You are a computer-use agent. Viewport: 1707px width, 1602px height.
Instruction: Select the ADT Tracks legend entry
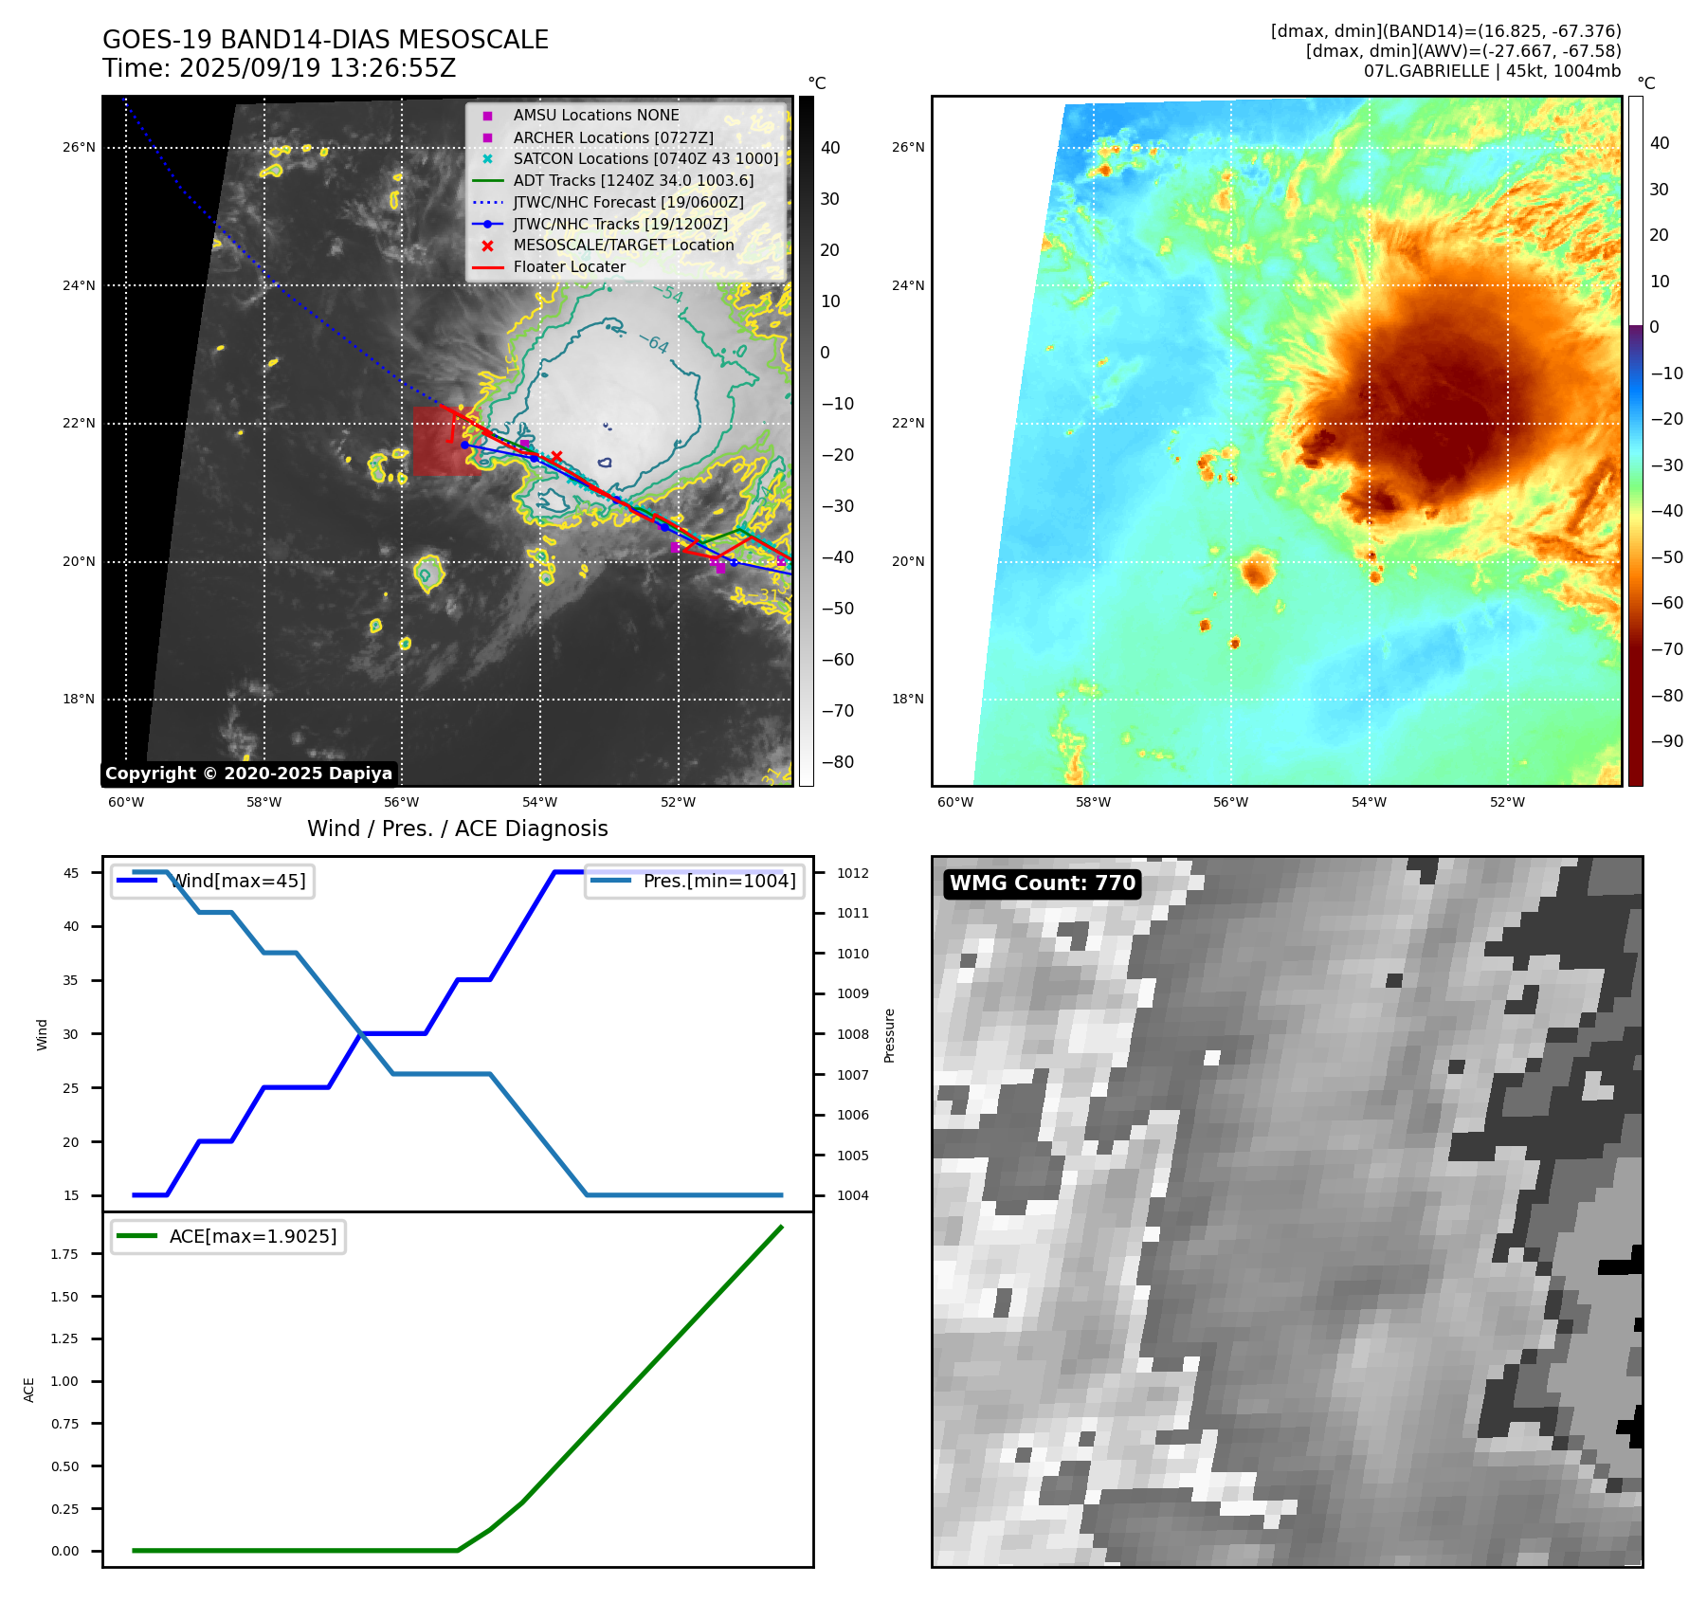click(633, 180)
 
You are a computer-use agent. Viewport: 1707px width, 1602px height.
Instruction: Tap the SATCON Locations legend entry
click(645, 158)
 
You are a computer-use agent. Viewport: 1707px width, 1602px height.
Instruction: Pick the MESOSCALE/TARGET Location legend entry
click(623, 245)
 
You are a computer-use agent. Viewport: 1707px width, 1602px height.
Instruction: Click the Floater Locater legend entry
click(569, 266)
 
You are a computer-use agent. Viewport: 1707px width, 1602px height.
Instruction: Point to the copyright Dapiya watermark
click(248, 774)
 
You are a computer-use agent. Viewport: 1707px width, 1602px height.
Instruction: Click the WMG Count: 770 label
click(1042, 883)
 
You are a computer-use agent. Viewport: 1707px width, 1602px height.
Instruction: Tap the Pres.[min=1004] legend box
click(695, 881)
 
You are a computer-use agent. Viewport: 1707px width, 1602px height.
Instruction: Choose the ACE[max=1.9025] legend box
click(227, 1236)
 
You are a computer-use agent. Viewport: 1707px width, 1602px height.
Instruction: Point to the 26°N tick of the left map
click(79, 148)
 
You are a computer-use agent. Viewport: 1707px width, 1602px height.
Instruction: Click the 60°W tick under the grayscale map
click(126, 802)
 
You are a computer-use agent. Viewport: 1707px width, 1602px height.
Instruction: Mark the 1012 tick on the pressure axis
click(852, 873)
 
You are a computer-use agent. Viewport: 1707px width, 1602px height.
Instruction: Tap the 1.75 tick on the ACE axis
click(64, 1254)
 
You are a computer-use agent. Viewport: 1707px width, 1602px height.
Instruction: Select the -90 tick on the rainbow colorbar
click(1666, 741)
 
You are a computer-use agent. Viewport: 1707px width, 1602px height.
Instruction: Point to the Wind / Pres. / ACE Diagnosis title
click(458, 828)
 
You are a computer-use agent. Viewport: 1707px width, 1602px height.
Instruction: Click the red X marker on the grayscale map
click(556, 456)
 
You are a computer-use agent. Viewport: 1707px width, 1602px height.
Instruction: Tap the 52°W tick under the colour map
click(1507, 802)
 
